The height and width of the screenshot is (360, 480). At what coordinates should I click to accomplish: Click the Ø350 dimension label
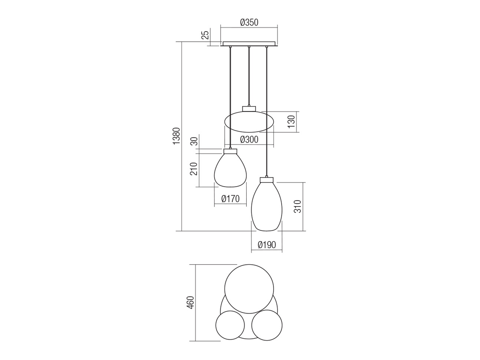point(249,22)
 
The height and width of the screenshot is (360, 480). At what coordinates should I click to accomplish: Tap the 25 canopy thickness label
point(205,35)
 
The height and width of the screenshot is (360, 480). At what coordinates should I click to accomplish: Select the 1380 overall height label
point(176,135)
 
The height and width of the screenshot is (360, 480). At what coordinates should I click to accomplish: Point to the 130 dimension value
point(291,122)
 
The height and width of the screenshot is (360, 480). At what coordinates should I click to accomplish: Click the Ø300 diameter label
point(249,140)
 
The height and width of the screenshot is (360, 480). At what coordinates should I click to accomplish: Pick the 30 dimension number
point(194,141)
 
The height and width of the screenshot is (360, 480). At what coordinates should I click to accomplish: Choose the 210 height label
point(194,169)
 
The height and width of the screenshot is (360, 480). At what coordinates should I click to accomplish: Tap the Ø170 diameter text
point(230,199)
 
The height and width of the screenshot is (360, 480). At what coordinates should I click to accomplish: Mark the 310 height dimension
point(298,206)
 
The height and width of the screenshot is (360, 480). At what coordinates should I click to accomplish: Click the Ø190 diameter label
point(267,245)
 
